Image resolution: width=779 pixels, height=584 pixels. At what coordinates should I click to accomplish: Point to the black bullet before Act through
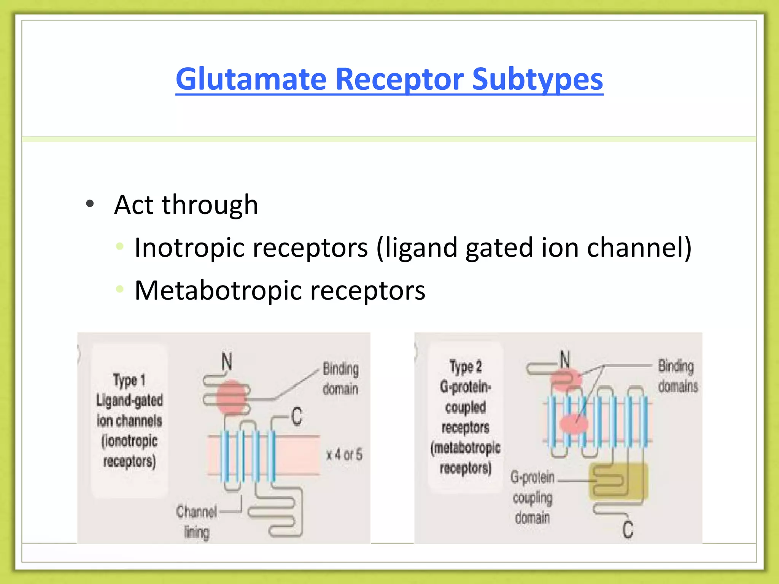[x=90, y=204]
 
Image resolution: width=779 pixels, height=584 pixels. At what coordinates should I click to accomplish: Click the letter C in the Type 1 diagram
[x=297, y=416]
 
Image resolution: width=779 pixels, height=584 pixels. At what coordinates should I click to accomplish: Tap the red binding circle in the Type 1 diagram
[x=231, y=397]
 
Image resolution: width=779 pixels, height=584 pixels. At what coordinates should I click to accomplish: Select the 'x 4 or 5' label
[x=344, y=455]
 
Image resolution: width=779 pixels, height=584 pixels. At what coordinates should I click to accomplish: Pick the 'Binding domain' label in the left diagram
[x=340, y=379]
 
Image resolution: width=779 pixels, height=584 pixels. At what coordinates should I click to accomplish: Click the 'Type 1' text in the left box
[x=129, y=380]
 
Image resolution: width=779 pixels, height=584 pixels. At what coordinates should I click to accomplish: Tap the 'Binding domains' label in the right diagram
[x=678, y=376]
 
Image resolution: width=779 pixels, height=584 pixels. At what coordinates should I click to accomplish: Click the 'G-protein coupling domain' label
[x=533, y=497]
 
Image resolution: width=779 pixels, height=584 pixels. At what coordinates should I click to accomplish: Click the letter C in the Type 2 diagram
[x=628, y=529]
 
